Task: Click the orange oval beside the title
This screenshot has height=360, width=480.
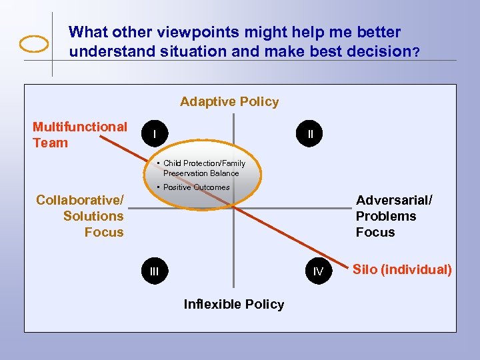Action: click(34, 44)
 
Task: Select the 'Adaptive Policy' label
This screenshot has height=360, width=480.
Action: click(229, 102)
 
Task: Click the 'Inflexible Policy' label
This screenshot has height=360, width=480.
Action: click(233, 305)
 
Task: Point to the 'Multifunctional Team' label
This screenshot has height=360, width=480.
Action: click(79, 135)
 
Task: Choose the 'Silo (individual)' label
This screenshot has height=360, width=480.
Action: click(402, 270)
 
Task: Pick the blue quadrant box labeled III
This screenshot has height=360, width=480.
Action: click(155, 271)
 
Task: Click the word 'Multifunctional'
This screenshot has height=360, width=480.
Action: click(80, 127)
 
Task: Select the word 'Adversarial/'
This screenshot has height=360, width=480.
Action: click(394, 200)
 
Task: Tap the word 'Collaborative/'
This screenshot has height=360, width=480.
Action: click(80, 200)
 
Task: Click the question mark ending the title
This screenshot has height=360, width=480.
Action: click(416, 53)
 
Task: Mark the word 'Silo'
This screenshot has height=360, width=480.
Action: click(365, 270)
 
